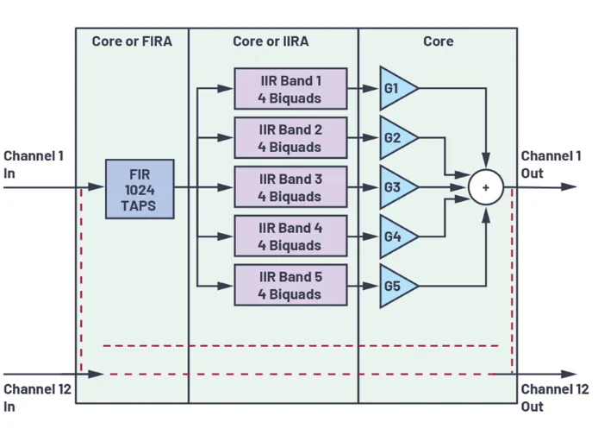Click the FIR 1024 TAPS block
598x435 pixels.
click(140, 188)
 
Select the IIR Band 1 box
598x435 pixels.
click(290, 89)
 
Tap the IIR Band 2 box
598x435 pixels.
click(290, 138)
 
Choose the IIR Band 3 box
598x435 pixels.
click(290, 187)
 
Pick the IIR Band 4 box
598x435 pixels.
click(290, 236)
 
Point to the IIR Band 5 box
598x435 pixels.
click(290, 285)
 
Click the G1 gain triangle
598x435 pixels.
click(396, 89)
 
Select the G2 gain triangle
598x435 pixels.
click(396, 138)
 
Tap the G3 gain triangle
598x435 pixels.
click(396, 187)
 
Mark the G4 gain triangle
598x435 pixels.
click(396, 236)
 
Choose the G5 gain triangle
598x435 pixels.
click(396, 285)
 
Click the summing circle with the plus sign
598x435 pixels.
click(486, 187)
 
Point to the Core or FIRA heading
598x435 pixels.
click(131, 41)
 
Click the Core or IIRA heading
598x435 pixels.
click(272, 41)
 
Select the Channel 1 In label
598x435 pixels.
click(34, 164)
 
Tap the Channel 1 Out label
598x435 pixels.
click(551, 164)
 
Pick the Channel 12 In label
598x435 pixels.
click(37, 398)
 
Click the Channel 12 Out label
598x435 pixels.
click(554, 398)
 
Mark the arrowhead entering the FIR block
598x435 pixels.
click(100, 187)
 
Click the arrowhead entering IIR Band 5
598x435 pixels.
click(229, 286)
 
